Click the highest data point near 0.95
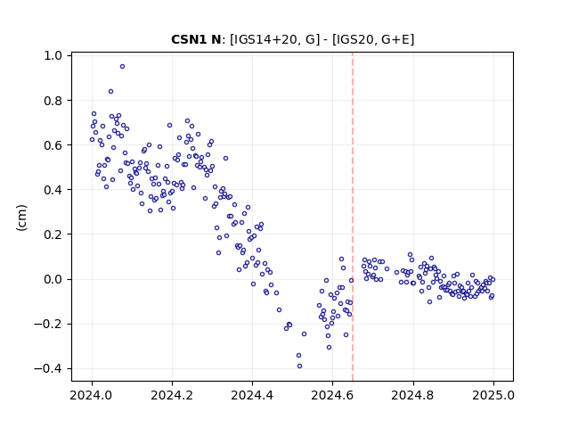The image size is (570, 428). pos(123,67)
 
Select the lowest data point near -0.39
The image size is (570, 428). pos(299,366)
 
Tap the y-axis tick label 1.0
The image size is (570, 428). pos(53,55)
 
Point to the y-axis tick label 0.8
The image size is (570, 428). pos(53,101)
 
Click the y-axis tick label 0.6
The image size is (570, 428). pos(53,145)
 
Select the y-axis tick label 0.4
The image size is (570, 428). pos(53,190)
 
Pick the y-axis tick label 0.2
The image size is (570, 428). pos(53,235)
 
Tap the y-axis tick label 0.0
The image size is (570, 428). pos(53,279)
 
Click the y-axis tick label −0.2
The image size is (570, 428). pos(48,325)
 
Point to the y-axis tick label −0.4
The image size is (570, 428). pos(48,369)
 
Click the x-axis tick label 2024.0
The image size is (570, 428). pos(91,395)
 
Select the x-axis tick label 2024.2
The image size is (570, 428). pos(172,395)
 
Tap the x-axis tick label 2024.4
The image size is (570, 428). pos(252,395)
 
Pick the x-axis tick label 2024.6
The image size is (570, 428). pos(332,395)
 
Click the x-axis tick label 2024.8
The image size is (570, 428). pos(412,395)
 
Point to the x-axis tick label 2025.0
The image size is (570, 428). pos(493,395)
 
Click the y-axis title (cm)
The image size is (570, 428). pos(21,218)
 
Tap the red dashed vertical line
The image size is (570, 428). pos(353,217)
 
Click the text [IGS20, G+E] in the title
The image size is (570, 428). pos(373,39)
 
